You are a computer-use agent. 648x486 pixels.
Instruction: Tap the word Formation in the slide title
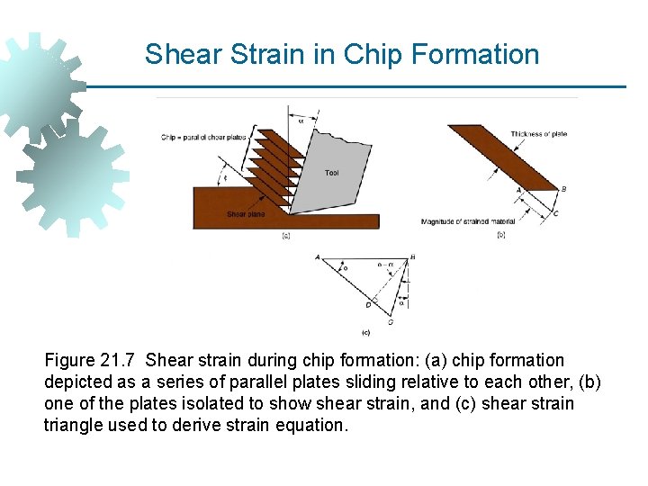pos(475,54)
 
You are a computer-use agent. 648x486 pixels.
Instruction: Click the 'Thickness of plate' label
pos(538,135)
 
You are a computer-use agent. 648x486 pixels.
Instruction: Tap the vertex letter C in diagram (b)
pos(555,214)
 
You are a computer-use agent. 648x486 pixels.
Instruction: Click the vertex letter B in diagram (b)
pos(563,189)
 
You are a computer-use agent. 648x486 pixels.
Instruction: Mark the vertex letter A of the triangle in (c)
pos(318,257)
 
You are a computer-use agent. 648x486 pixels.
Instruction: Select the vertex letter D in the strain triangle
pos(368,305)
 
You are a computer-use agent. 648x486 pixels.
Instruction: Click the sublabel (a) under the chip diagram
pos(285,236)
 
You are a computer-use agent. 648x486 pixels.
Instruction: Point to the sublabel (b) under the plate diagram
pos(500,235)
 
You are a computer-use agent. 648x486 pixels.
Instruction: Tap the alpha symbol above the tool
pos(301,123)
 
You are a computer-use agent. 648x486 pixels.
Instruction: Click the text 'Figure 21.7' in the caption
pos(87,361)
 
